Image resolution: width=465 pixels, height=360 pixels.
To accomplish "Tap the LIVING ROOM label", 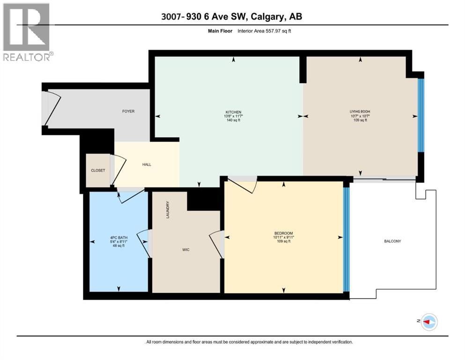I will [360, 112].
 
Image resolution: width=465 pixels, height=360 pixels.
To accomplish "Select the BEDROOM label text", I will [283, 233].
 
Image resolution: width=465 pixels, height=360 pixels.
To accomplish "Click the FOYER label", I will [128, 111].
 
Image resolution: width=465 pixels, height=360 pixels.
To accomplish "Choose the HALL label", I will [147, 164].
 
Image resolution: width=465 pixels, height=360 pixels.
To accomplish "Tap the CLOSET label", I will [98, 170].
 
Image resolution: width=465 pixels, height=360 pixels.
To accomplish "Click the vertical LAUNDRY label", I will [167, 210].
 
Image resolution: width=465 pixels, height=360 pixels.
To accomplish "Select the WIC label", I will [186, 249].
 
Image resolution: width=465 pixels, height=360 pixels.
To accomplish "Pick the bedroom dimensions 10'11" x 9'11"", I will [283, 238].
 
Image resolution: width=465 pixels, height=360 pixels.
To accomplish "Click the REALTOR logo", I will [27, 31].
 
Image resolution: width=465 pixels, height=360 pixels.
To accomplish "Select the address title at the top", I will [232, 16].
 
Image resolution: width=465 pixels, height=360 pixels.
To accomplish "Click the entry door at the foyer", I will [52, 108].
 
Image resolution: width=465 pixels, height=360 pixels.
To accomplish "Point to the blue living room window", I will [421, 115].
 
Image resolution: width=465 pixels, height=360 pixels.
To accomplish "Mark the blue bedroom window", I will [346, 239].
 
